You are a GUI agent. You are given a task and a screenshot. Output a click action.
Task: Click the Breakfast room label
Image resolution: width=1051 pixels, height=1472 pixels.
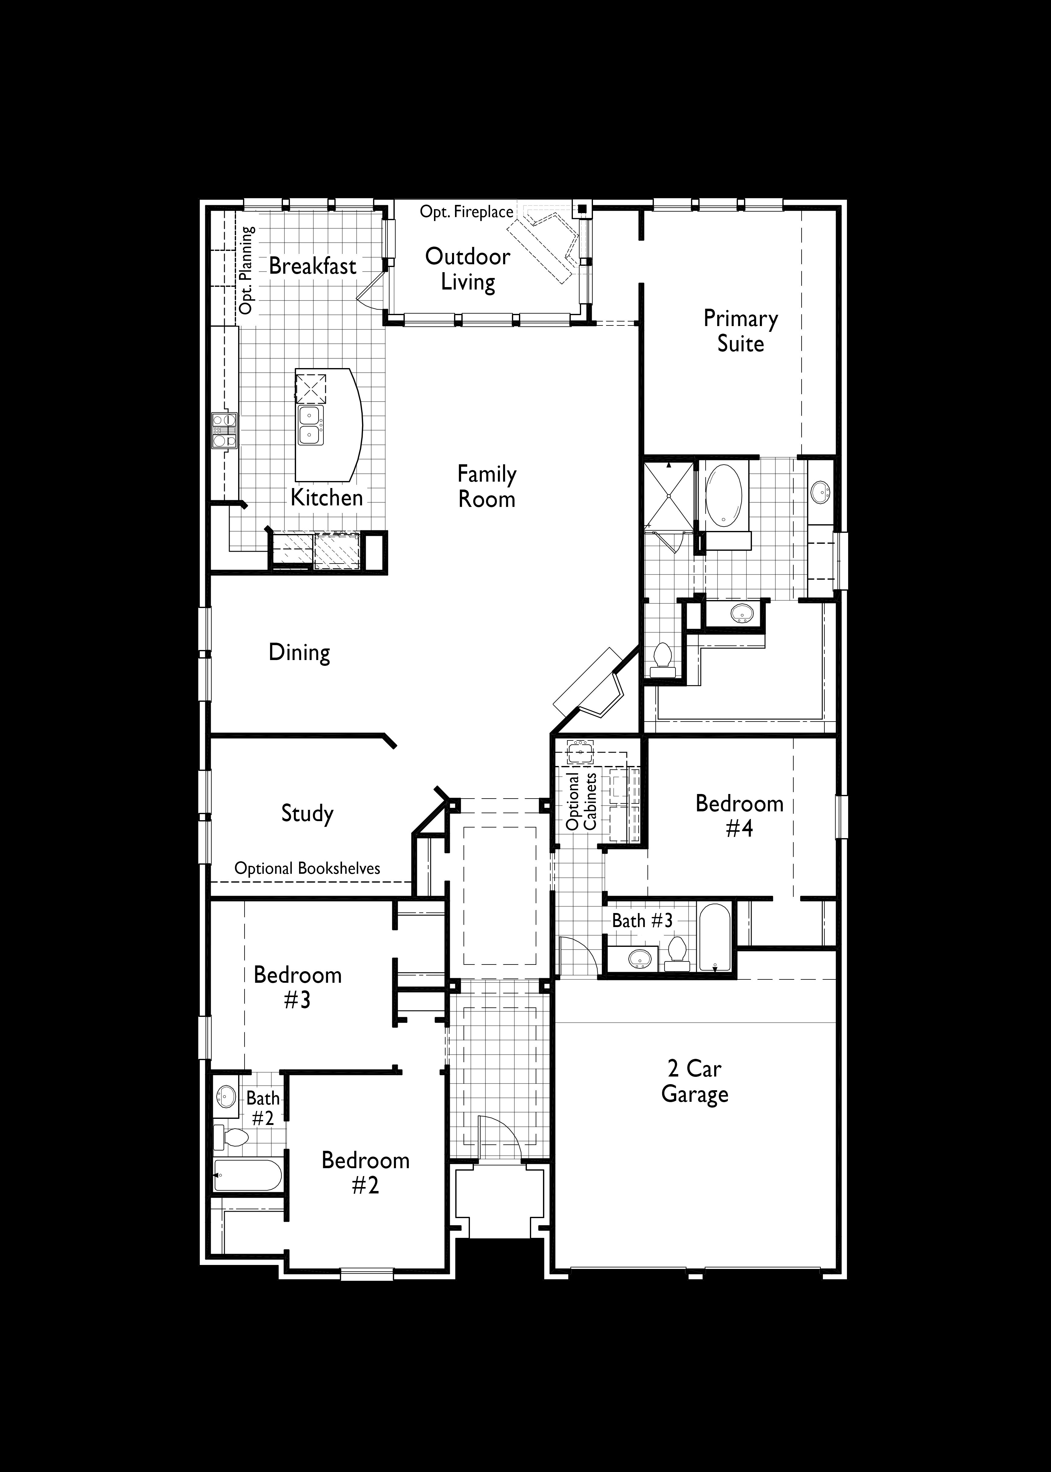[312, 266]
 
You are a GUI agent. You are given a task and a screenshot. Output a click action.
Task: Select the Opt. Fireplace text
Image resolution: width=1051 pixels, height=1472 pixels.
[467, 212]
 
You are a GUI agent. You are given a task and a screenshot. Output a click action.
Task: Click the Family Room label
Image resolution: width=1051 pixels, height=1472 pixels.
[487, 487]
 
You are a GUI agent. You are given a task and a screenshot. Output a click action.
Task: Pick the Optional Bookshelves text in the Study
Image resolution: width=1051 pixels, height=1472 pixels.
[307, 868]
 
